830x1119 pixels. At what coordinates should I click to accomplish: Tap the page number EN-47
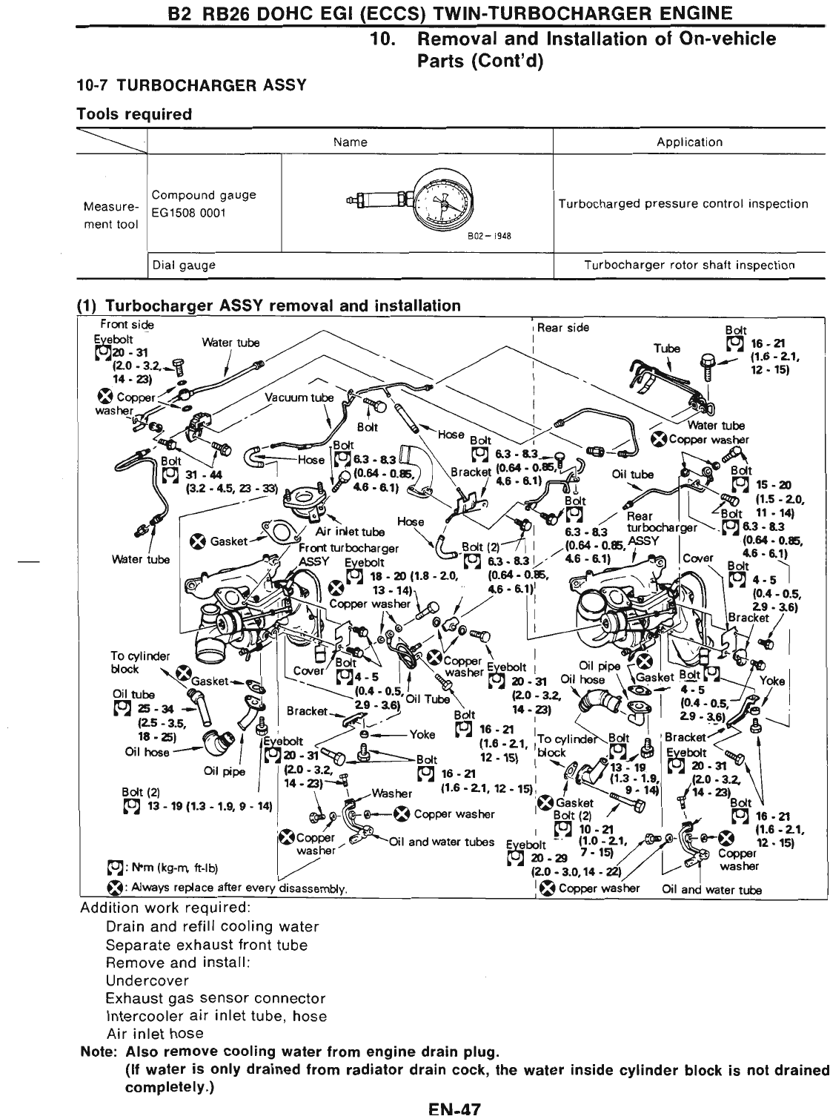click(455, 1110)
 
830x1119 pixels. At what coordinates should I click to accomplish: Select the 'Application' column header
click(689, 142)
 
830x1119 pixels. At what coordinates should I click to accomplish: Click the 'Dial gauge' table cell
click(184, 265)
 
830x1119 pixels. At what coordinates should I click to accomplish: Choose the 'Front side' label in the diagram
click(127, 325)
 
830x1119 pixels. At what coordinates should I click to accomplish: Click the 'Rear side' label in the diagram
click(563, 327)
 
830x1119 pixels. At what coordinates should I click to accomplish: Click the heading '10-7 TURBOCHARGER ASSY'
click(191, 85)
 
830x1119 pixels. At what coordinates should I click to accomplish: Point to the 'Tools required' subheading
click(134, 114)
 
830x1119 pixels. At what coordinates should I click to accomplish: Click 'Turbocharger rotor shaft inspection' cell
click(689, 265)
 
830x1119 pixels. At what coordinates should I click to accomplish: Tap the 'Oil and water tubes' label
click(441, 842)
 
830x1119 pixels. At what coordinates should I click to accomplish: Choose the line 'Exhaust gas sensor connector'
click(216, 998)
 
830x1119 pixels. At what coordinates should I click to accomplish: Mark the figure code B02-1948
click(490, 237)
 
